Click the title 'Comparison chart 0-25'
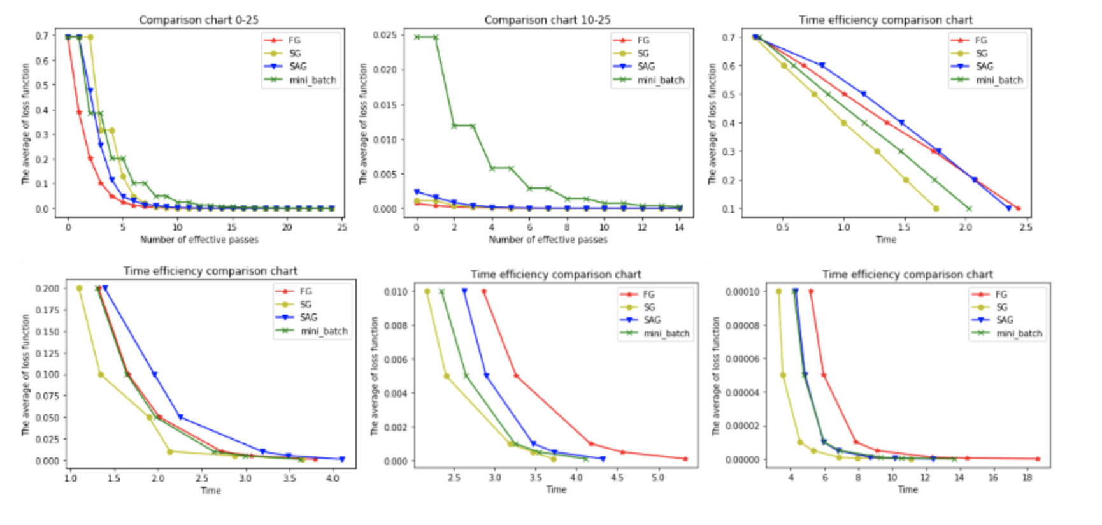coord(199,20)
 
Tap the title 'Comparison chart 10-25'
coord(547,20)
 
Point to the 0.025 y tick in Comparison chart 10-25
coord(385,35)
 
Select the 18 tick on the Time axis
coord(1027,477)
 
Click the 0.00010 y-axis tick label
coord(741,292)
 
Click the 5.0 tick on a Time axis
coord(657,477)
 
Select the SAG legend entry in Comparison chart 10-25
coord(645,66)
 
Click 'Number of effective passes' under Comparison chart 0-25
coord(199,240)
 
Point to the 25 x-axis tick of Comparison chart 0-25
coord(341,227)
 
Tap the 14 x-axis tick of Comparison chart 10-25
coord(680,227)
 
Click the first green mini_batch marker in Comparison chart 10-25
coord(417,37)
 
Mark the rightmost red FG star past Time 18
coord(1038,459)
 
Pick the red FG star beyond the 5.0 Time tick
coord(685,459)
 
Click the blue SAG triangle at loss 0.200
coord(105,289)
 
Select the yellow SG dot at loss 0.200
coord(79,289)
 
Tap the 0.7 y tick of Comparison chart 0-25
coord(41,36)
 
